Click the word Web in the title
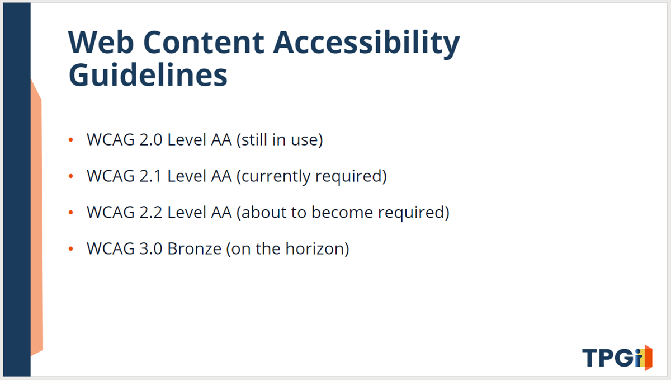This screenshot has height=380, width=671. pyautogui.click(x=101, y=42)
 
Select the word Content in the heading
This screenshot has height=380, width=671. pyautogui.click(x=204, y=42)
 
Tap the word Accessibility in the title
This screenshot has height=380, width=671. pyautogui.click(x=366, y=44)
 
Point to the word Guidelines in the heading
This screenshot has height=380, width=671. pyautogui.click(x=148, y=74)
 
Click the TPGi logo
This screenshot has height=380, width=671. pyautogui.click(x=617, y=358)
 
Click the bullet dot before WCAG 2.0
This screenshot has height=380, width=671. pyautogui.click(x=71, y=139)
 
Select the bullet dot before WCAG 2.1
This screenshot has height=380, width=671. pyautogui.click(x=71, y=176)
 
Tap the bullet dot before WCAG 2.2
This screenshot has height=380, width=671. pyautogui.click(x=71, y=212)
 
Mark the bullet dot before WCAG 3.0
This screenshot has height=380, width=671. pyautogui.click(x=71, y=248)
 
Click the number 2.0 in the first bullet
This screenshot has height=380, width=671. pyautogui.click(x=150, y=140)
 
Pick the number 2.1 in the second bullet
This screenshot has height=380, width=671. pyautogui.click(x=150, y=176)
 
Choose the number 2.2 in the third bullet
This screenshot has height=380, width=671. pyautogui.click(x=150, y=213)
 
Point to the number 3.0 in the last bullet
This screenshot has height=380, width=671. pyautogui.click(x=150, y=249)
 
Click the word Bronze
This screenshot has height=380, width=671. pyautogui.click(x=194, y=249)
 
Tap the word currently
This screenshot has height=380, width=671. pyautogui.click(x=275, y=176)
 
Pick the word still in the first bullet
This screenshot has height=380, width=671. pyautogui.click(x=254, y=139)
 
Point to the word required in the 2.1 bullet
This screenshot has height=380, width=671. pyautogui.click(x=348, y=176)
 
